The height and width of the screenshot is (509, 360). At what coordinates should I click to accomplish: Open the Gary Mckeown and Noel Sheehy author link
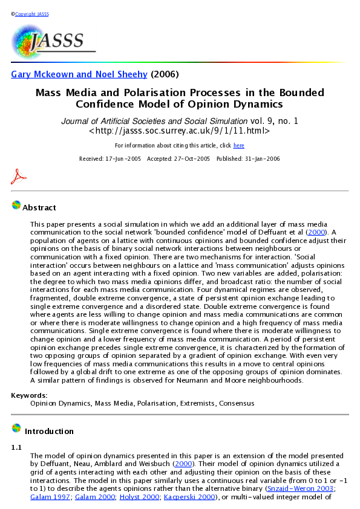79,74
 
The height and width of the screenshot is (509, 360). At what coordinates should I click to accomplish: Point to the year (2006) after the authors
165,74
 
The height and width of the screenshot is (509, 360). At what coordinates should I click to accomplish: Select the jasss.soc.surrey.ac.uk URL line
179,131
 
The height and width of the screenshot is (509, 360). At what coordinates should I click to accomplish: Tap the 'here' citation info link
239,146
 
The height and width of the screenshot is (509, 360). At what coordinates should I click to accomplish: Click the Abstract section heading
39,208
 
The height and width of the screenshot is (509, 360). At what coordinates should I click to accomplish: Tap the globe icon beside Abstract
16,206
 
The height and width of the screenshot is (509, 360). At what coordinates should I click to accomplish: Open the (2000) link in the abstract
316,232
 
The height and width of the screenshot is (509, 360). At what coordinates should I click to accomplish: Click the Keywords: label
29,395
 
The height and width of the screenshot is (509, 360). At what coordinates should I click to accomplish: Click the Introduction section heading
49,432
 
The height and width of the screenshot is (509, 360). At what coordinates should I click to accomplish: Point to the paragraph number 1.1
16,447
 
